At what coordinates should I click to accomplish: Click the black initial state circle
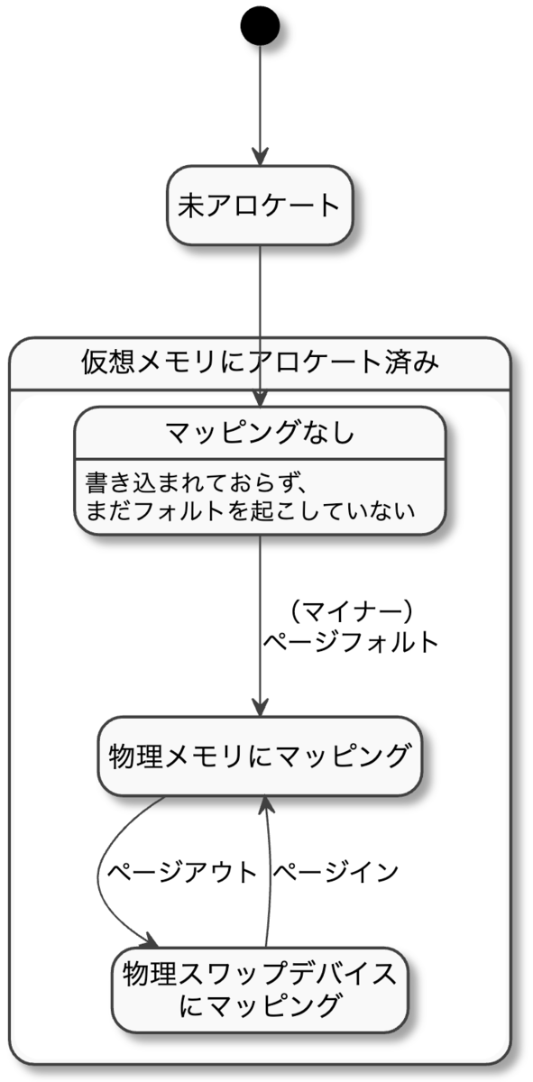[260, 28]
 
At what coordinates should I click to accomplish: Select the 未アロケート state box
[260, 206]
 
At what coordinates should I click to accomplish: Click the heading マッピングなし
[260, 433]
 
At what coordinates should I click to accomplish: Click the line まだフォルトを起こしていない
[250, 510]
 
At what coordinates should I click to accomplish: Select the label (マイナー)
[350, 612]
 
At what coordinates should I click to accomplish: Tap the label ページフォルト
[350, 642]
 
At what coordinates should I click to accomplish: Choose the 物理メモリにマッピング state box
[260, 756]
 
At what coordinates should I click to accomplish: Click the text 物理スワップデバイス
[260, 974]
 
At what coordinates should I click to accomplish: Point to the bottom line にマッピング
[260, 1004]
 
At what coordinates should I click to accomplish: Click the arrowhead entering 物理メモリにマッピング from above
[260, 708]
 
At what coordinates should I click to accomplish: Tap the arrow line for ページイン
[270, 875]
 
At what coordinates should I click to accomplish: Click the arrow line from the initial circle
[260, 99]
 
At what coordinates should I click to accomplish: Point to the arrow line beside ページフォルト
[260, 622]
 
